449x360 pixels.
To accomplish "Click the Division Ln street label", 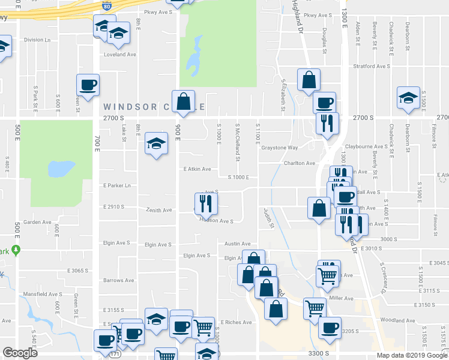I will (37, 40).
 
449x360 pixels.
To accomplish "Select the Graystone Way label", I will (279, 148).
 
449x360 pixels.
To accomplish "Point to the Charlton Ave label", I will (300, 163).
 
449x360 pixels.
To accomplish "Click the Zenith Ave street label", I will (158, 211).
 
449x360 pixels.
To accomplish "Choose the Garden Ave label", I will (38, 222).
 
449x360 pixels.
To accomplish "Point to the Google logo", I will (20, 353).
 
